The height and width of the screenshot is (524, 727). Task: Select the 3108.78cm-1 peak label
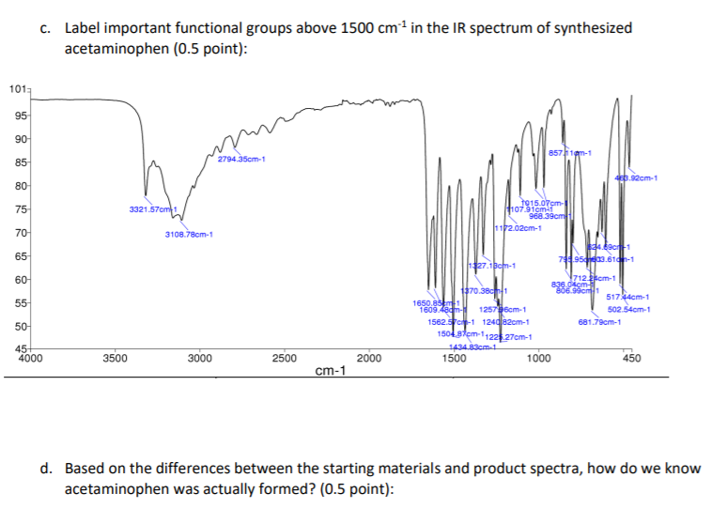pyautogui.click(x=191, y=234)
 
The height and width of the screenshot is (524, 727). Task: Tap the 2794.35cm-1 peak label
pyautogui.click(x=241, y=159)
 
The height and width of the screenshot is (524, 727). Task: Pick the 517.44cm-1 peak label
pyautogui.click(x=630, y=297)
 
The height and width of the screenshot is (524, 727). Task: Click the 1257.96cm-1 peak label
pyautogui.click(x=503, y=309)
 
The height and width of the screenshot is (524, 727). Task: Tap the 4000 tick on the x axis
pyautogui.click(x=31, y=359)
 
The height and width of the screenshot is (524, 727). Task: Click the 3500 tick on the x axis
pyautogui.click(x=115, y=359)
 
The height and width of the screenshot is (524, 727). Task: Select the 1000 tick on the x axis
pyautogui.click(x=538, y=359)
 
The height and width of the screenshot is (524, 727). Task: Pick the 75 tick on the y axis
pyautogui.click(x=19, y=208)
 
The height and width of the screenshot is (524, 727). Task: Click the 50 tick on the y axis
pyautogui.click(x=19, y=327)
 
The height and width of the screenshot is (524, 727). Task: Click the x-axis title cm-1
pyautogui.click(x=330, y=371)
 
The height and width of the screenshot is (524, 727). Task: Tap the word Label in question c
pyautogui.click(x=83, y=27)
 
